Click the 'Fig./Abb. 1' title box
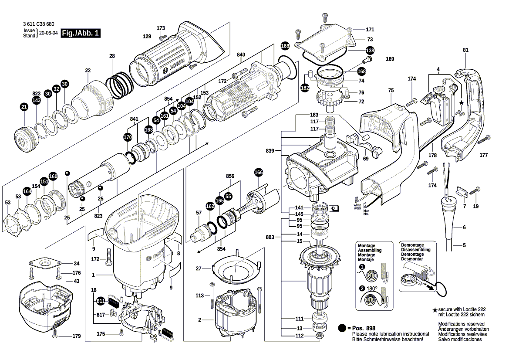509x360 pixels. click(x=81, y=33)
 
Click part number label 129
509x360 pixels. click(x=147, y=37)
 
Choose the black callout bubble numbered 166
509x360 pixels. click(x=259, y=173)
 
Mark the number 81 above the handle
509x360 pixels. click(x=466, y=51)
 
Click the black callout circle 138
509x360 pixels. click(x=369, y=50)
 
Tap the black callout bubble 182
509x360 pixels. click(x=305, y=88)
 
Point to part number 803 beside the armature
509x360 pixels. click(x=270, y=237)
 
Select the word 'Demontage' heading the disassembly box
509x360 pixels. click(x=412, y=245)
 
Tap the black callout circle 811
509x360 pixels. click(x=101, y=301)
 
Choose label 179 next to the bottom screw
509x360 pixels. click(x=77, y=336)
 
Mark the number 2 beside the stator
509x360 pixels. click(x=199, y=320)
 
